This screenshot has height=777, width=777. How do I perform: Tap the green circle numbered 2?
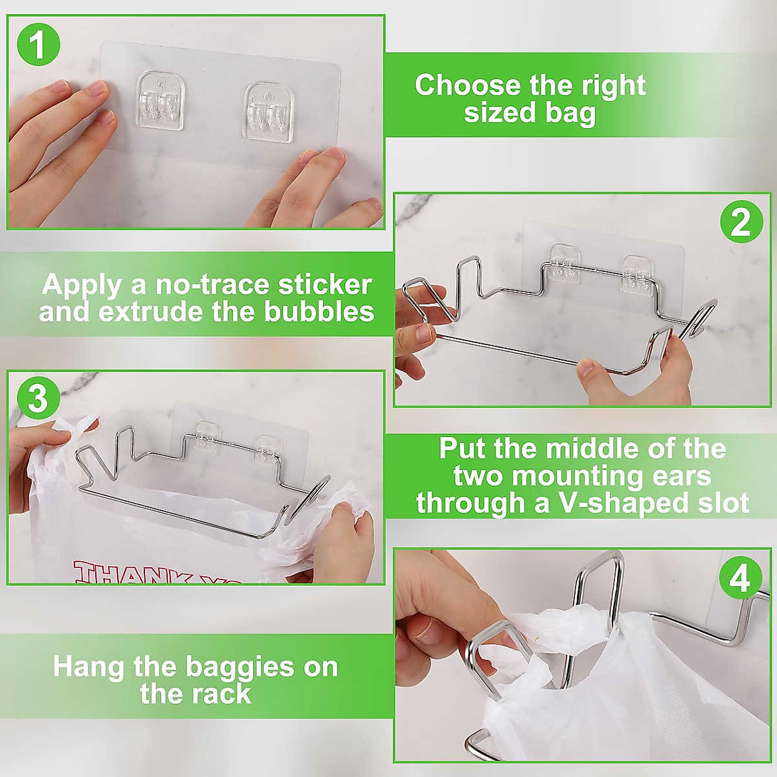click(x=741, y=222)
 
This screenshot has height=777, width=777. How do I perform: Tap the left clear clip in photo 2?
click(x=566, y=262)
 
